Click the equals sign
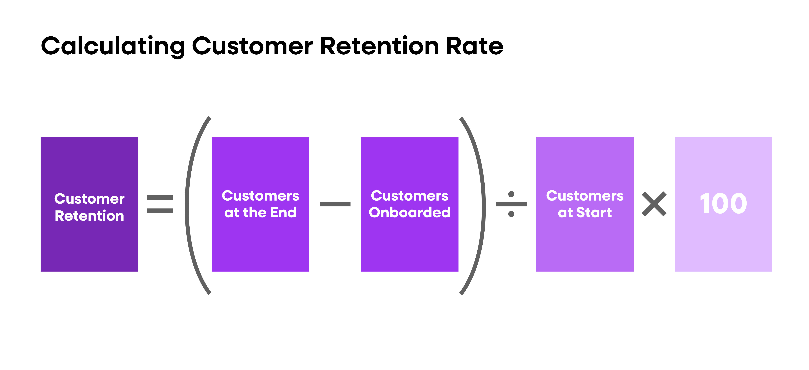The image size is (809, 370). [160, 204]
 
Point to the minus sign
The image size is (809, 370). [335, 204]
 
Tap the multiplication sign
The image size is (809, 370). [654, 204]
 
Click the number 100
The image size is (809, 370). [723, 204]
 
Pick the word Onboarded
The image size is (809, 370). [410, 212]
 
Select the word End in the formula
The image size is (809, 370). [283, 212]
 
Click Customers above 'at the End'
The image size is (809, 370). [260, 196]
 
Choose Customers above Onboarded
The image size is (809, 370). [410, 196]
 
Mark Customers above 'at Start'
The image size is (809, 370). [585, 196]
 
